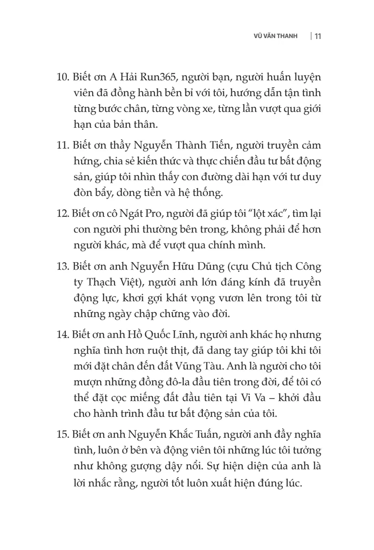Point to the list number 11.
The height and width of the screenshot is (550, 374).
click(63, 145)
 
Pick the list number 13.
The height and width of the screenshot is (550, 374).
click(63, 267)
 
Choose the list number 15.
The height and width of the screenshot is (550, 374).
click(63, 436)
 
